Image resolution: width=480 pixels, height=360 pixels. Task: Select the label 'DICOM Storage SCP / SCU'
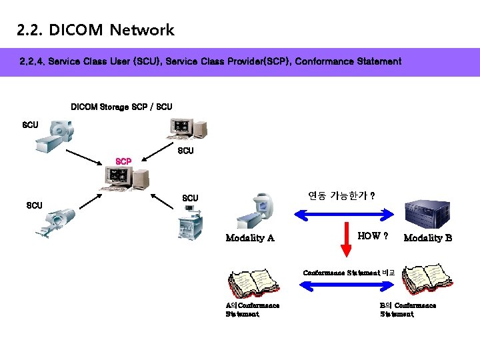point(121,107)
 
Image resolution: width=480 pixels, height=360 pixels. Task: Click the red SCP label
point(123,161)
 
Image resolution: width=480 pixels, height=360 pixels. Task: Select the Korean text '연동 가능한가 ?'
point(341,196)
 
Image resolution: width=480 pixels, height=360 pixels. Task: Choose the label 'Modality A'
point(250,238)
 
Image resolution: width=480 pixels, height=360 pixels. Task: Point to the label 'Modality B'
point(427,238)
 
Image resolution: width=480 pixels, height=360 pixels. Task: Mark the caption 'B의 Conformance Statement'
point(407,309)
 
